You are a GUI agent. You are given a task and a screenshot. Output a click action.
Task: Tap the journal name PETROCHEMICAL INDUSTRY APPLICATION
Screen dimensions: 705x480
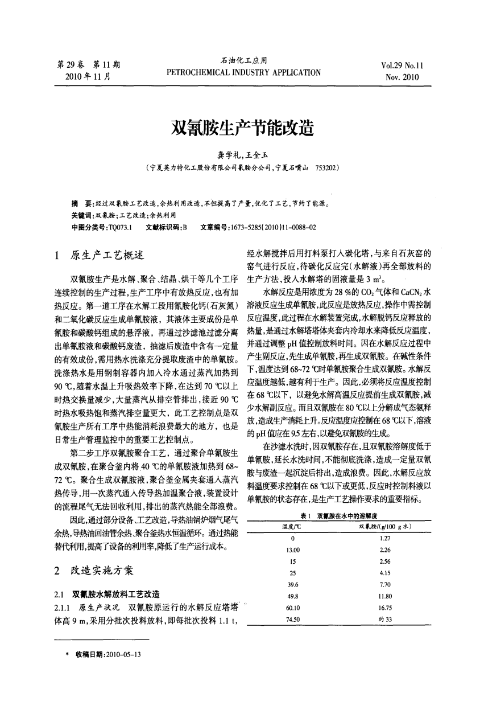click(x=243, y=72)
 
